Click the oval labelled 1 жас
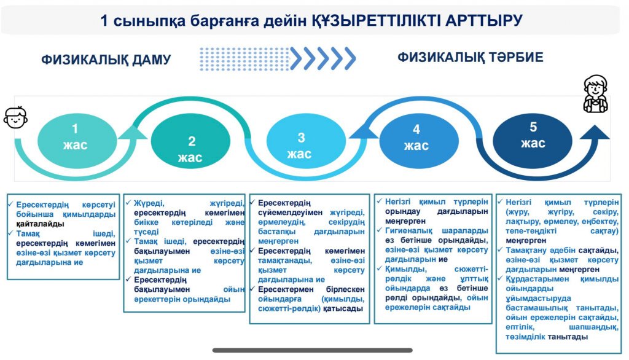pyautogui.click(x=77, y=141)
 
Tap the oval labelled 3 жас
pyautogui.click(x=306, y=141)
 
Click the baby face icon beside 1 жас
pyautogui.click(x=15, y=117)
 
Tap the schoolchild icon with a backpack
pyautogui.click(x=595, y=94)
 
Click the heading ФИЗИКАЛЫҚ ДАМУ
pyautogui.click(x=106, y=60)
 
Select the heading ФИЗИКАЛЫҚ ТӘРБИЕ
pyautogui.click(x=470, y=57)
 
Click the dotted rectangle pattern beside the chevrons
pyautogui.click(x=244, y=59)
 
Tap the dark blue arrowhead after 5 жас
pyautogui.click(x=595, y=133)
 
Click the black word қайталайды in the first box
pyautogui.click(x=40, y=224)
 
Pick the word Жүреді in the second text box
pyautogui.click(x=149, y=203)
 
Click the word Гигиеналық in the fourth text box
pyautogui.click(x=408, y=231)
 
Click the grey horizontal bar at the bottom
pyautogui.click(x=313, y=350)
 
